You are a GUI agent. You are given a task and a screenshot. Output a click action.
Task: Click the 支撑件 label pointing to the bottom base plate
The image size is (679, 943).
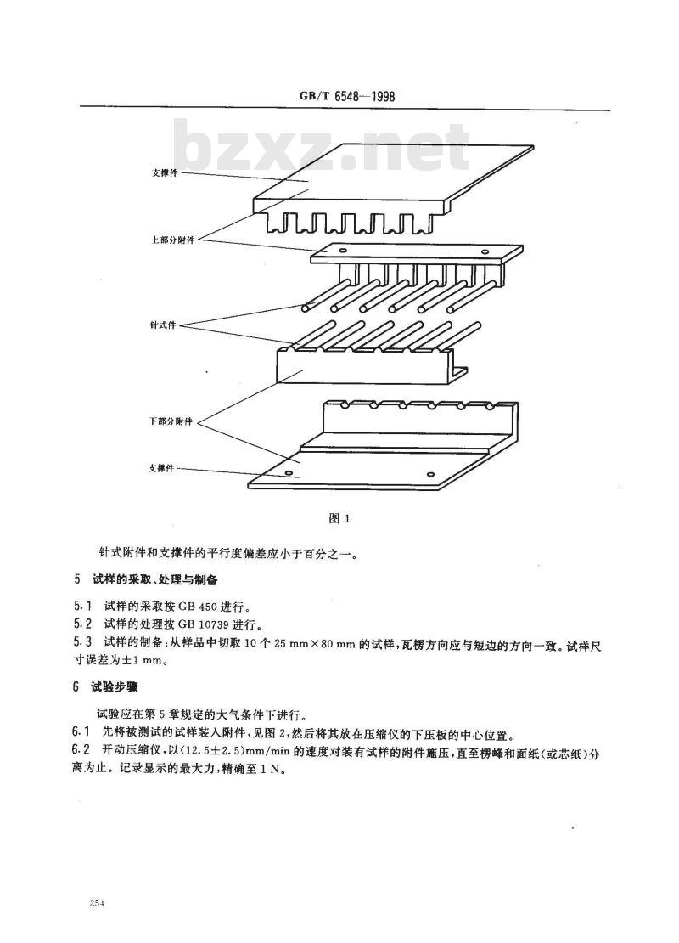pos(161,468)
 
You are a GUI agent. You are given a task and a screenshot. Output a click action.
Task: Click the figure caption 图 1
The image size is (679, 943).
pos(339,518)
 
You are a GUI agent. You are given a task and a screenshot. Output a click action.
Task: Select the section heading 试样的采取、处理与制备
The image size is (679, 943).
pos(154,580)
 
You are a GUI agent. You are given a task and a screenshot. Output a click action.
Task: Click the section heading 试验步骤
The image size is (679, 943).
pos(110,686)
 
